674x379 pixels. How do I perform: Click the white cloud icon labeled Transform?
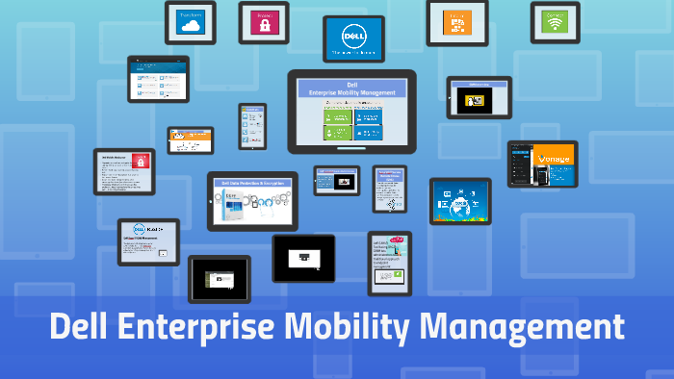pyautogui.click(x=189, y=27)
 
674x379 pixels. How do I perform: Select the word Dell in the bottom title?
pyautogui.click(x=80, y=327)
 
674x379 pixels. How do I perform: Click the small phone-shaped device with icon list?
pyautogui.click(x=252, y=127)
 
